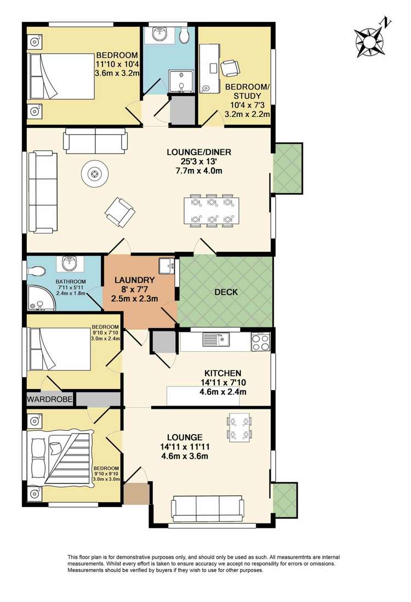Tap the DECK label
pyautogui.click(x=226, y=292)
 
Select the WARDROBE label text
pyautogui.click(x=49, y=400)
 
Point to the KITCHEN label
pyautogui.click(x=222, y=373)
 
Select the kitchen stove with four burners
pyautogui.click(x=261, y=341)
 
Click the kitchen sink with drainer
pyautogui.click(x=217, y=340)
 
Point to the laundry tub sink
pyautogui.click(x=166, y=266)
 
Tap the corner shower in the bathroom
pyautogui.click(x=38, y=298)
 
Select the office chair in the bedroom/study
pyautogui.click(x=230, y=67)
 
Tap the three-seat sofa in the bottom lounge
pyautogui.click(x=208, y=509)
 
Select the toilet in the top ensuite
pyautogui.click(x=184, y=35)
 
